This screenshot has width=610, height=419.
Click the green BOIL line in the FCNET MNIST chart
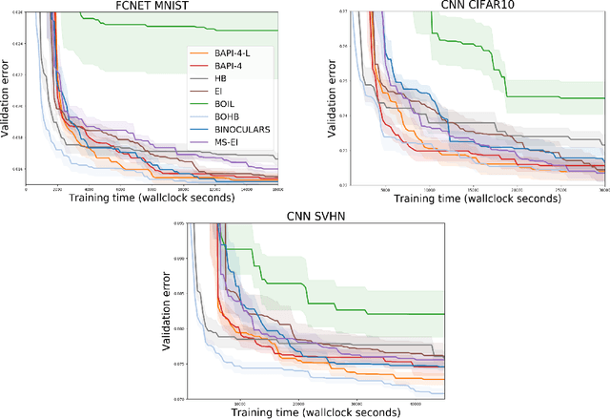pos(191,30)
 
